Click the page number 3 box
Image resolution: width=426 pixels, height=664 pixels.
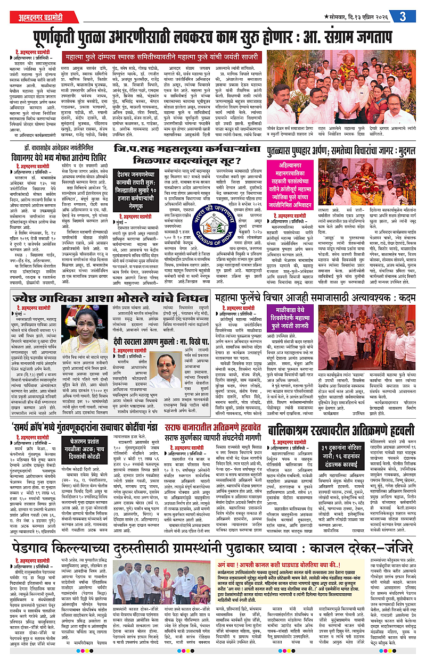[x=404, y=16]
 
